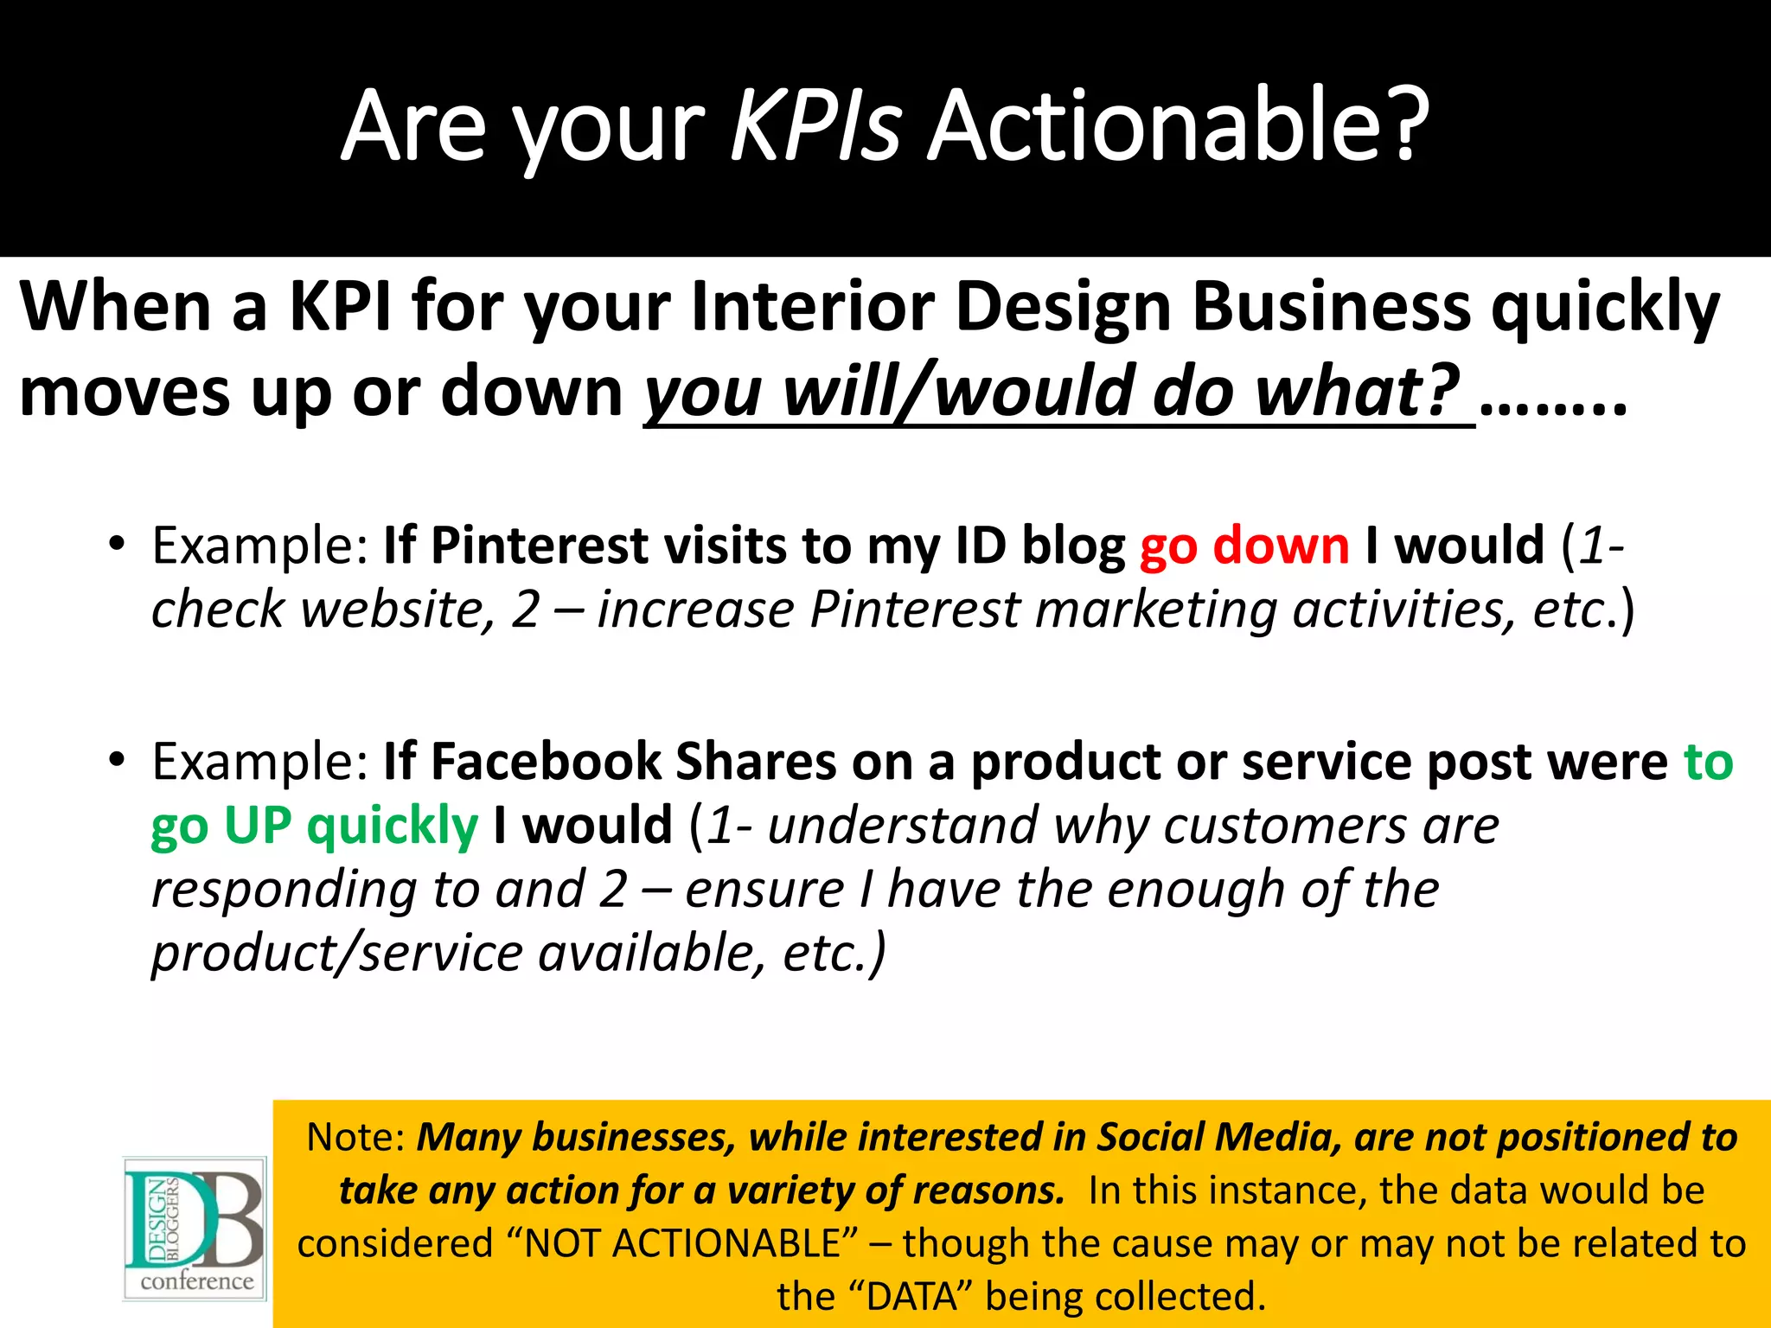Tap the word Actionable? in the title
coord(1178,125)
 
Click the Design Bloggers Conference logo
coord(195,1229)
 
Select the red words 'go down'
coord(1244,546)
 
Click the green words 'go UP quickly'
coord(314,826)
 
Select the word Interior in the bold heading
coord(813,307)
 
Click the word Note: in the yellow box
coord(355,1137)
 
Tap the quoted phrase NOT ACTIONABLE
coord(683,1244)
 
